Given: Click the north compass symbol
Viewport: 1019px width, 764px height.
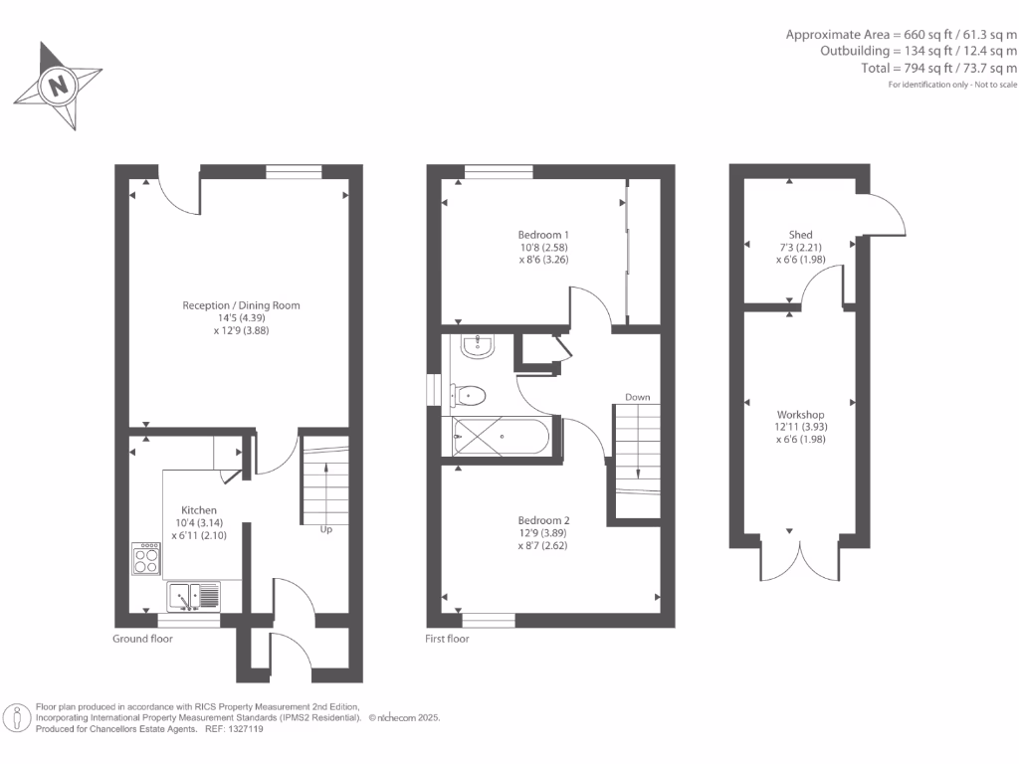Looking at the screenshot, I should pyautogui.click(x=59, y=86).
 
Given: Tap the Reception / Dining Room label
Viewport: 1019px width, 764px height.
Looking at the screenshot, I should pyautogui.click(x=241, y=305).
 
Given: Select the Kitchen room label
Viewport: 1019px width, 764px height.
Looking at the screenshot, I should pyautogui.click(x=198, y=509).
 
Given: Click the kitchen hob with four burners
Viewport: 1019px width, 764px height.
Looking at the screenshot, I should pyautogui.click(x=146, y=558).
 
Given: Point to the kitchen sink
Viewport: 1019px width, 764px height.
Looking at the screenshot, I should pyautogui.click(x=196, y=596).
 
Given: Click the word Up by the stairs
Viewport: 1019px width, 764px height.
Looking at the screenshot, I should pyautogui.click(x=325, y=530).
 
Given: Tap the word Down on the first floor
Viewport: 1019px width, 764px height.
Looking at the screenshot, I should pyautogui.click(x=637, y=397).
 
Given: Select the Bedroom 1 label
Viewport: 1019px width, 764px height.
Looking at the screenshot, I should pyautogui.click(x=537, y=235).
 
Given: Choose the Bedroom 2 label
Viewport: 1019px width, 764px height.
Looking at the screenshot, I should pyautogui.click(x=543, y=520).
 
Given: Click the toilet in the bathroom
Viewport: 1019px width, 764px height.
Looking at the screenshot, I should pyautogui.click(x=469, y=396).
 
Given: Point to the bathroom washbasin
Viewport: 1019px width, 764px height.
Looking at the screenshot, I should pyautogui.click(x=479, y=346).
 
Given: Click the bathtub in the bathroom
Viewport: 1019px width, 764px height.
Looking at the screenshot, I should pyautogui.click(x=500, y=436).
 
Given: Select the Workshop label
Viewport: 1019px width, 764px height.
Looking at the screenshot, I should pyautogui.click(x=801, y=414).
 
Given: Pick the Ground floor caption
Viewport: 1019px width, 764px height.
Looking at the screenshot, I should pyautogui.click(x=142, y=639).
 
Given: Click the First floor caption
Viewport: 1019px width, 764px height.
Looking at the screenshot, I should pyautogui.click(x=447, y=639).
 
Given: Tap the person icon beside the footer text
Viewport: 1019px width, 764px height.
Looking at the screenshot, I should pyautogui.click(x=17, y=717).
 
